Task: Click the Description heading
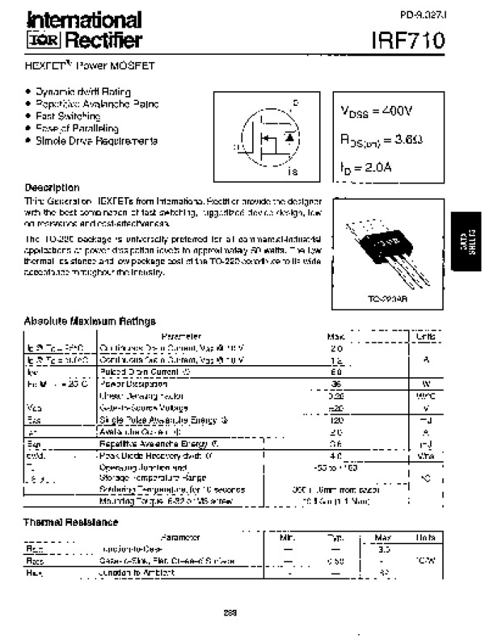click(52, 187)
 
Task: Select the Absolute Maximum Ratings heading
click(89, 321)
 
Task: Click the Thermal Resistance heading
click(71, 523)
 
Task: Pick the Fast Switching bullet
click(68, 116)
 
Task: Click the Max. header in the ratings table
click(335, 335)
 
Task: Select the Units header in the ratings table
click(425, 335)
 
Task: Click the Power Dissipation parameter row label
click(129, 385)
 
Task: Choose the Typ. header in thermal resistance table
click(335, 537)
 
